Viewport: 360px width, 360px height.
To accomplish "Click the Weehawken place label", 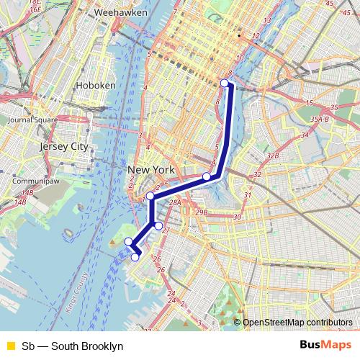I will [120, 13].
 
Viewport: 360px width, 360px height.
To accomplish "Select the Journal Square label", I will [32, 120].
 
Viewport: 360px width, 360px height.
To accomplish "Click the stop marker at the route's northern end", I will [225, 84].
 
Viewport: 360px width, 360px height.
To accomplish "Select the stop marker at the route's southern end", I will [135, 257].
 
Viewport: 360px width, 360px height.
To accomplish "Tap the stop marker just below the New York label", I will [150, 196].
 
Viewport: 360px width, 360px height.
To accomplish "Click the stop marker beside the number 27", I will [158, 225].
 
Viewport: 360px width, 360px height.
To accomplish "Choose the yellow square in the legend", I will [9, 346].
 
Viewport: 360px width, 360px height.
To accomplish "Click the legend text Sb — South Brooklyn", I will [73, 346].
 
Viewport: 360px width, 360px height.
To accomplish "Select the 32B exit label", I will [272, 156].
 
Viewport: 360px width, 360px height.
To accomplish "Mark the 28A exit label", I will [175, 204].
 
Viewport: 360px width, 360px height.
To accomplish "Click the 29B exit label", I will [201, 212].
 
